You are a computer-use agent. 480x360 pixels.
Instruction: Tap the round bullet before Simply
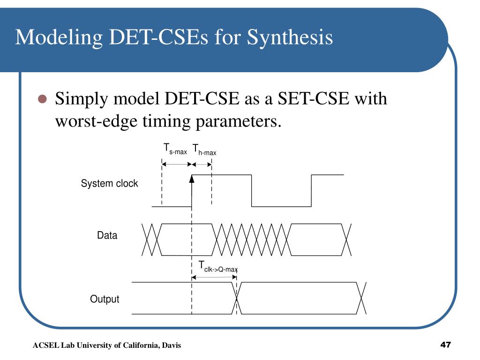tap(43, 99)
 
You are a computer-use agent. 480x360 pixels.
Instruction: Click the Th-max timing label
tap(204, 150)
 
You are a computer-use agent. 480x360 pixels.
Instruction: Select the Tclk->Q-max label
tap(218, 267)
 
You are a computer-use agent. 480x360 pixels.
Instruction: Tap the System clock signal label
tap(109, 184)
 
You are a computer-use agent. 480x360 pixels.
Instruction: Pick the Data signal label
tap(107, 236)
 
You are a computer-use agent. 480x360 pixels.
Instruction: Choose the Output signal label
tap(105, 299)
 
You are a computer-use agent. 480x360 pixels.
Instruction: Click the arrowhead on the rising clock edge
tap(192, 179)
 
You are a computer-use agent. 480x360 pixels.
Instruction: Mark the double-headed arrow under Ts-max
tap(177, 164)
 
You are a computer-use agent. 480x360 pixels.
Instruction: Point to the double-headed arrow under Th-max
tap(202, 164)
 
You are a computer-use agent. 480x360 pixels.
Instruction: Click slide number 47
tap(445, 345)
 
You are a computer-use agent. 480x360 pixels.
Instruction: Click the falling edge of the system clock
tap(252, 190)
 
